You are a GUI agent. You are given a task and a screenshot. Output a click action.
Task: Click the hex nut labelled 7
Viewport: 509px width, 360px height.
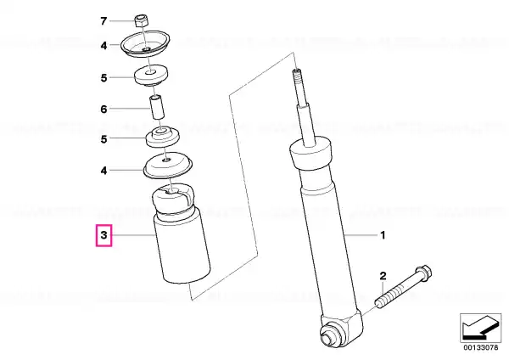tap(141, 21)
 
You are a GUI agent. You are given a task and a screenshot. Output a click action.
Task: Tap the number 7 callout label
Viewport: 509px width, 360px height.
tap(103, 21)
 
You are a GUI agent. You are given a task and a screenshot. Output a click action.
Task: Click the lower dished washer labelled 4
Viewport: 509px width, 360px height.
tap(167, 165)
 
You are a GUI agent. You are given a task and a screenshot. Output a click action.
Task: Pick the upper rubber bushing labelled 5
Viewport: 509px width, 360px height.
tap(151, 76)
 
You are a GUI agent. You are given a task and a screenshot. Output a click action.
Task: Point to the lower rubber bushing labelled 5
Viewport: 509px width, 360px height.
tap(163, 137)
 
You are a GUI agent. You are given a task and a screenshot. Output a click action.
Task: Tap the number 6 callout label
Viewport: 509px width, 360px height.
tap(103, 109)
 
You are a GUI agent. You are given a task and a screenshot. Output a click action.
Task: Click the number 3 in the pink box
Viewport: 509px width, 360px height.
tap(103, 235)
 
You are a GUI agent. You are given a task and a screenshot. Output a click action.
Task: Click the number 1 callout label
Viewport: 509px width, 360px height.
tap(383, 235)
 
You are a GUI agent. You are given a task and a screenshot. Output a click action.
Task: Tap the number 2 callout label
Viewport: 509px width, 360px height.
tap(383, 276)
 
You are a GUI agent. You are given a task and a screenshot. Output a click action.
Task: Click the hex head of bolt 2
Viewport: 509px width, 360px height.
tap(423, 273)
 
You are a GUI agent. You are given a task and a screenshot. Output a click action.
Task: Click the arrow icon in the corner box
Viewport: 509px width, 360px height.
tap(481, 328)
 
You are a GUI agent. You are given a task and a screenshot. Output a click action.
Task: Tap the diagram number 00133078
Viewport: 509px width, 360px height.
tap(481, 347)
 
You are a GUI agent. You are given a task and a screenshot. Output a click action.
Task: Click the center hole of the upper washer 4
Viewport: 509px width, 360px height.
tap(147, 50)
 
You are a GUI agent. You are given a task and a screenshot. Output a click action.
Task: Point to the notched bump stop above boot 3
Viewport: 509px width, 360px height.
tap(173, 200)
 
